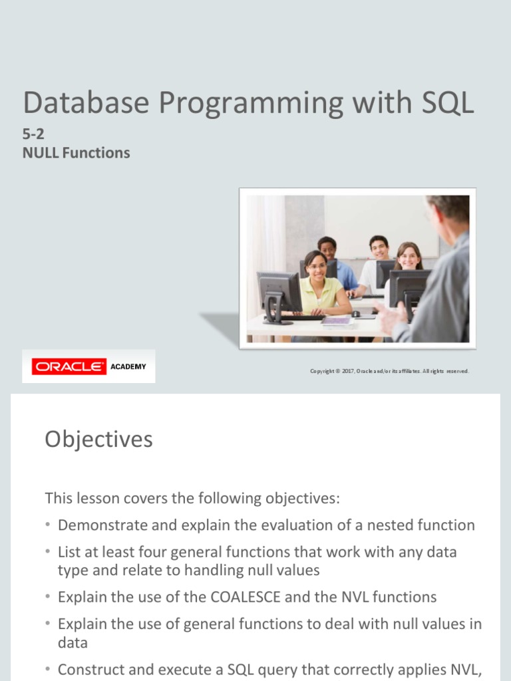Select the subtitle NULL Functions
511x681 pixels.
77,153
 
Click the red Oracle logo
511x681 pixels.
69,366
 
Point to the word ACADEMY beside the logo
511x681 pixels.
128,366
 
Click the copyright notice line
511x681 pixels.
389,371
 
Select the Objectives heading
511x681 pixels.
98,440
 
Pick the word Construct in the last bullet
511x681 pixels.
88,669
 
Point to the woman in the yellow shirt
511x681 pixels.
318,283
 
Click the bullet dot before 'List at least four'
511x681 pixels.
48,553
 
